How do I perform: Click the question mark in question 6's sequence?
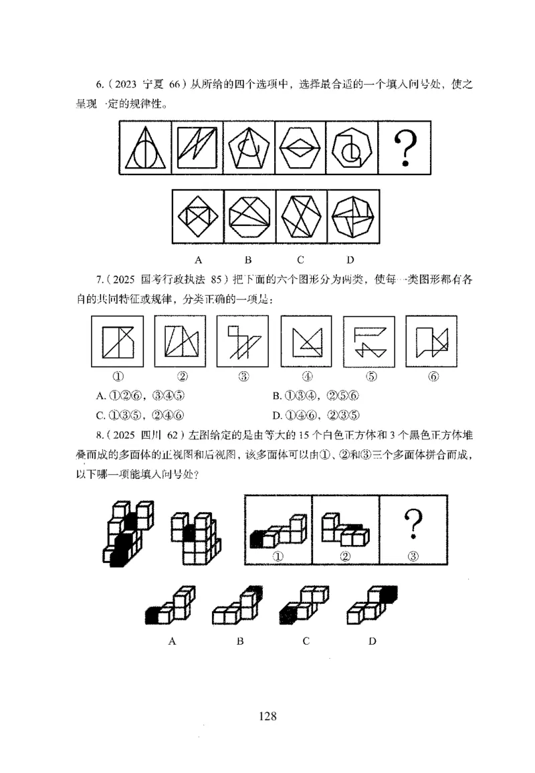405,148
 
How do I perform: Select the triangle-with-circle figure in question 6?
146,148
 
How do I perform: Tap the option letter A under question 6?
199,259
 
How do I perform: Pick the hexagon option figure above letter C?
301,218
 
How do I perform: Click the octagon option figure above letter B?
249,218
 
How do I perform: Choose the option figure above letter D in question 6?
352,218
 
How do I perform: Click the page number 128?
267,715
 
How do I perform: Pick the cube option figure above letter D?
372,605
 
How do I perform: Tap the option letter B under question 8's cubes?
240,641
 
